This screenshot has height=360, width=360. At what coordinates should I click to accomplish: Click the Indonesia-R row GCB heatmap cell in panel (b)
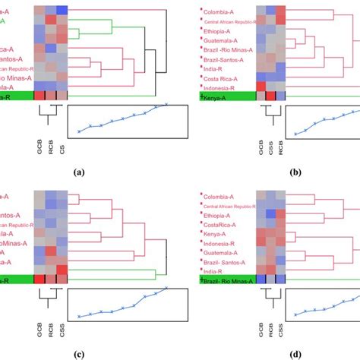pyautogui.click(x=261, y=87)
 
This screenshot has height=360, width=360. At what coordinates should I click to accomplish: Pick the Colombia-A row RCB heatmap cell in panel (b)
pyautogui.click(x=282, y=11)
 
